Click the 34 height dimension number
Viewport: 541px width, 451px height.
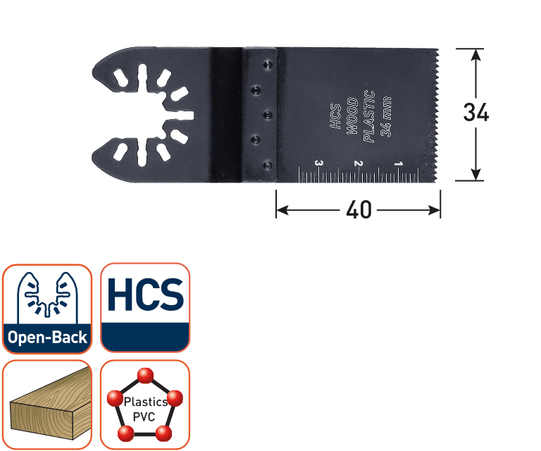(475, 112)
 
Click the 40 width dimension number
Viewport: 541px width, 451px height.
(359, 209)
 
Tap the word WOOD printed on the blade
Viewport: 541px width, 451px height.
(352, 116)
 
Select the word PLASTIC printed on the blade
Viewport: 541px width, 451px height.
(369, 116)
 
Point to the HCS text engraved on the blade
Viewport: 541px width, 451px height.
(336, 116)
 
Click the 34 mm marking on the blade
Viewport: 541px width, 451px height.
(386, 117)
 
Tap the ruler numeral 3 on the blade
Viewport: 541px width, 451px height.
(319, 163)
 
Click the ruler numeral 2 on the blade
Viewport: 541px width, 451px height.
(359, 163)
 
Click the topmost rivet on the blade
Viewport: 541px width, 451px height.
(268, 65)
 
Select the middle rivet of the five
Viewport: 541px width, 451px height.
(268, 115)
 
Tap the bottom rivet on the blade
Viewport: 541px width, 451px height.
(268, 166)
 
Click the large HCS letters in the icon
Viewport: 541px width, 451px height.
(145, 295)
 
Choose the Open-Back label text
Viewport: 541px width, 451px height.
(47, 337)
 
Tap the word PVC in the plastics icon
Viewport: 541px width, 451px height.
(144, 417)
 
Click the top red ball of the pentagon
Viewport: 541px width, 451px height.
(145, 376)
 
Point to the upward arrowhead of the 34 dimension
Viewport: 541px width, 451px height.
(475, 54)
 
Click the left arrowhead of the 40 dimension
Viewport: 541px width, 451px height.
(282, 210)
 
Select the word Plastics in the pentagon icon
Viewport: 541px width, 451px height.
(146, 402)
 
